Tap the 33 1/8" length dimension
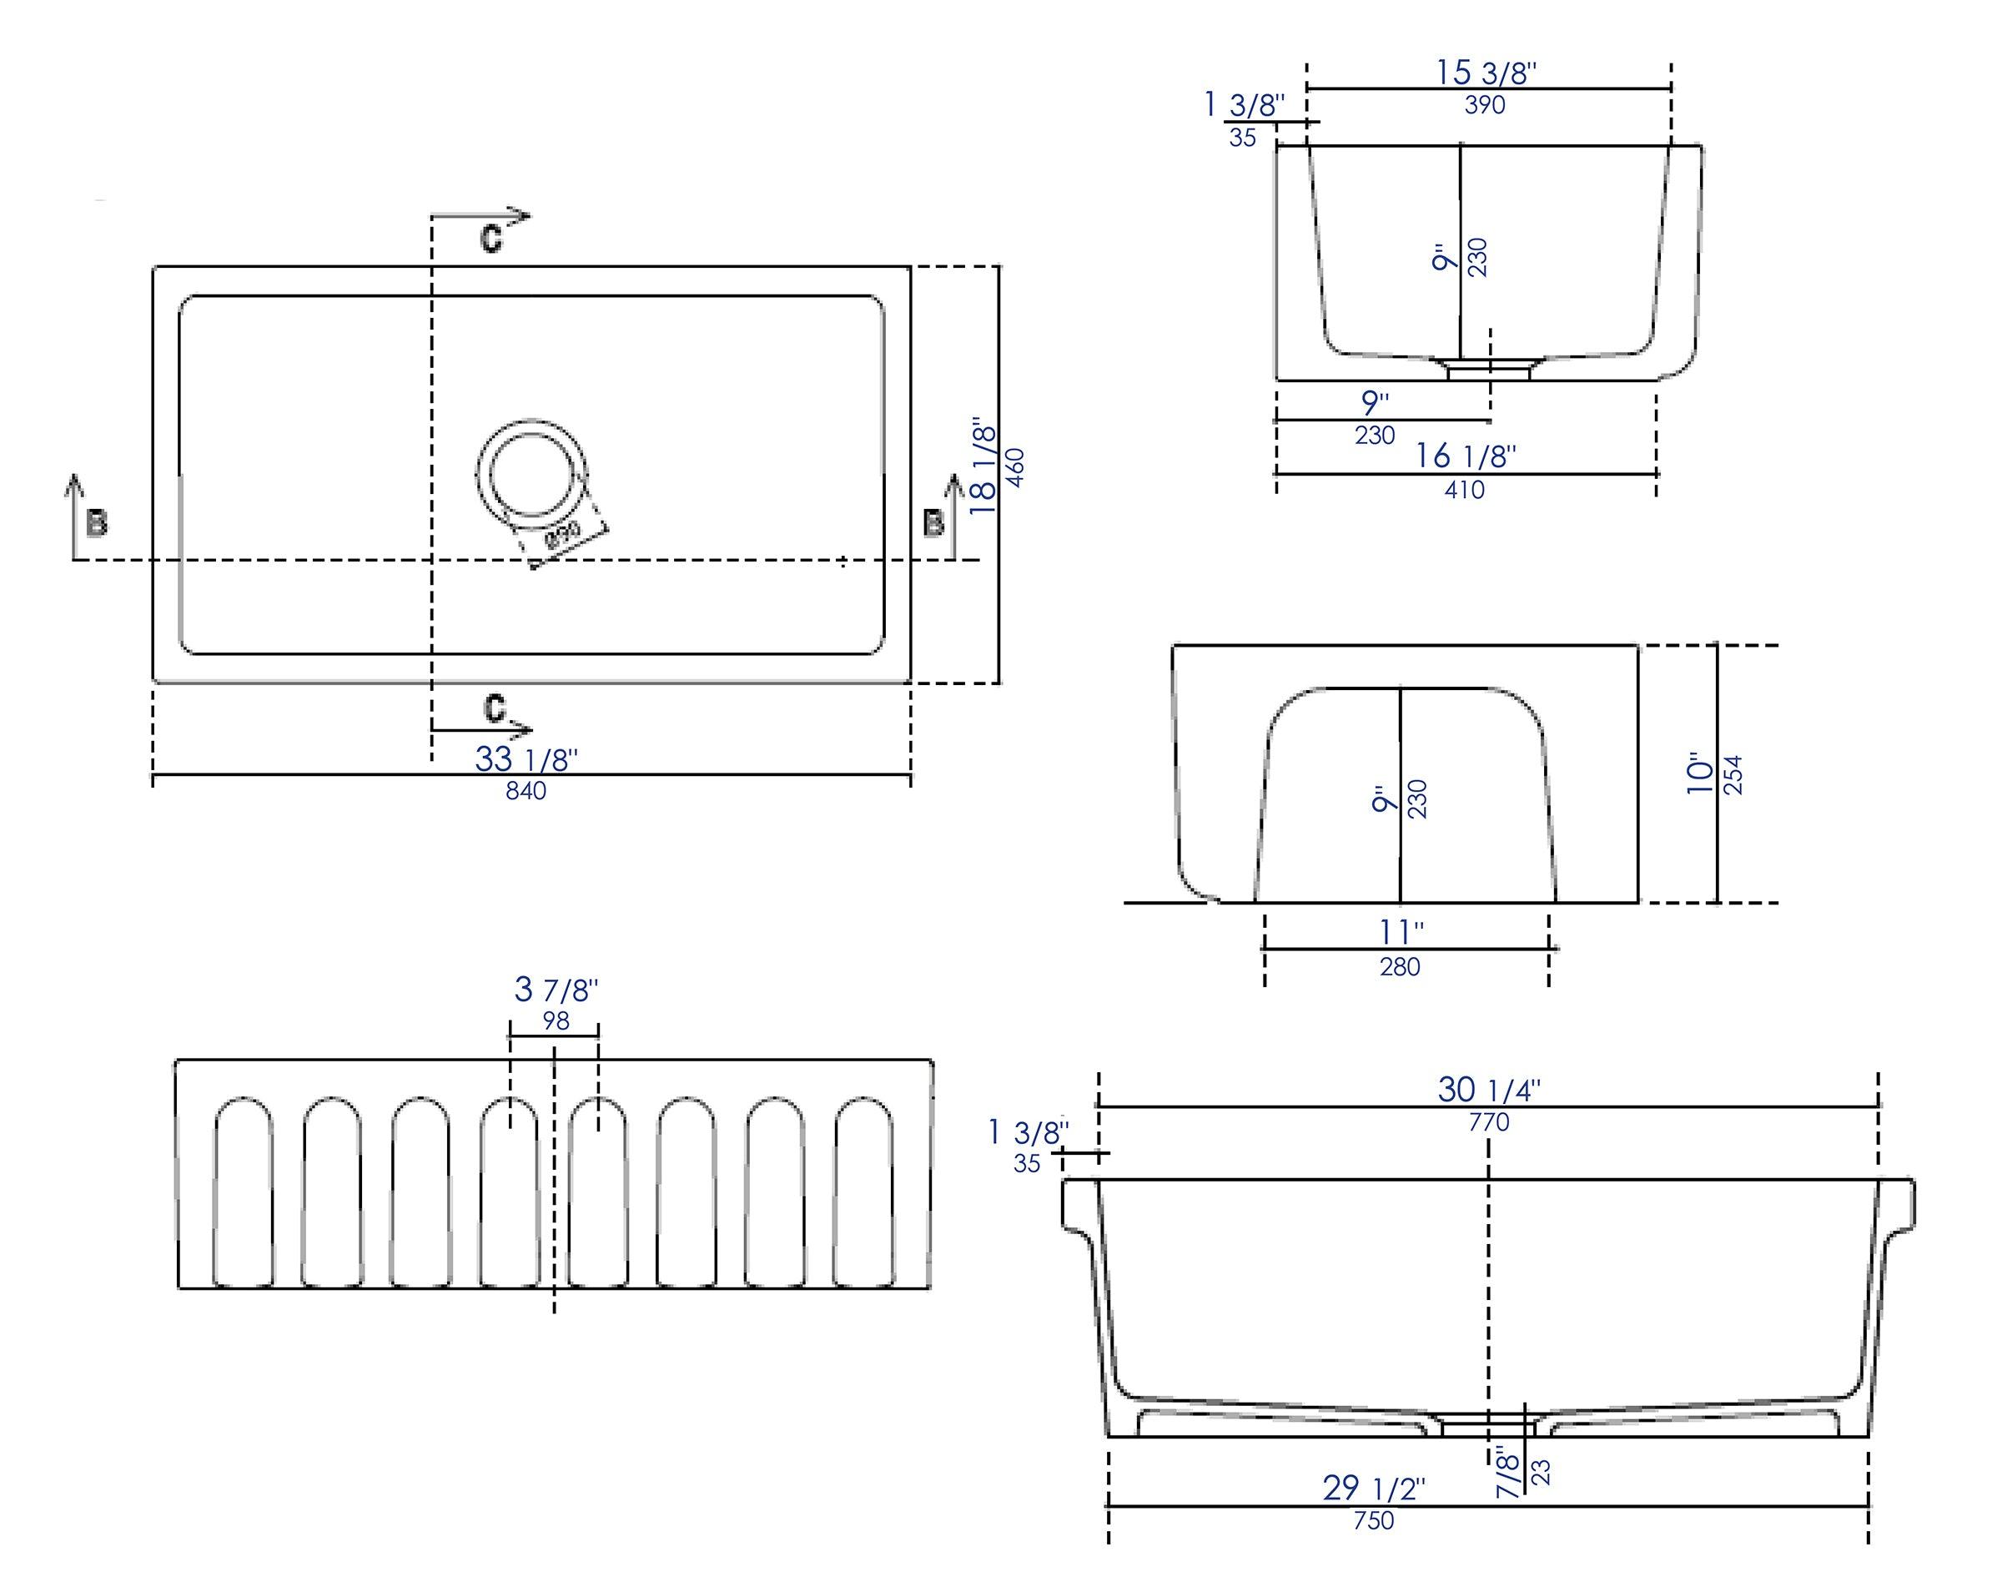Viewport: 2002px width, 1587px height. coord(526,758)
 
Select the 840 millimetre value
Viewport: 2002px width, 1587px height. coord(526,791)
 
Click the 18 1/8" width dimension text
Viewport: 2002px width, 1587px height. coord(983,470)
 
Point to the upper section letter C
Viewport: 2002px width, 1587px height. coord(491,239)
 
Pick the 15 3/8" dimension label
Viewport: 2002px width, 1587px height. coord(1486,73)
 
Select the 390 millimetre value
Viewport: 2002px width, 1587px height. coord(1485,106)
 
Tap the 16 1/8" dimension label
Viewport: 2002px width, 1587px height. coord(1466,456)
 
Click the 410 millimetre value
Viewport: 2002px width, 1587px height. coord(1464,490)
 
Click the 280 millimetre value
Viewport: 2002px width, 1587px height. coord(1400,968)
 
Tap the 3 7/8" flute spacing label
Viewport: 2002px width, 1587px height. coord(556,990)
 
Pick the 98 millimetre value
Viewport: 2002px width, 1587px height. coord(556,1021)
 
